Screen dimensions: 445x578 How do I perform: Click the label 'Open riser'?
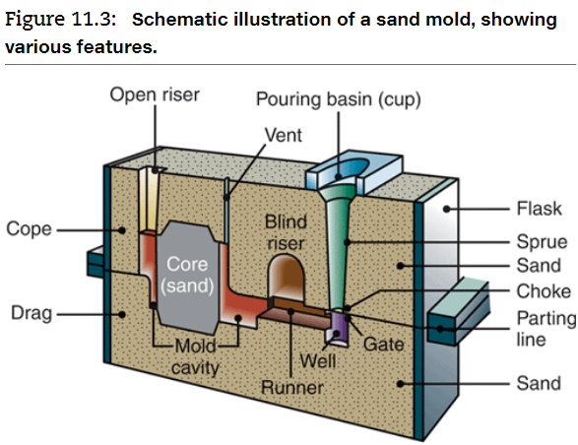(154, 95)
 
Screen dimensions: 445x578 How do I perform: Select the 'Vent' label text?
(283, 134)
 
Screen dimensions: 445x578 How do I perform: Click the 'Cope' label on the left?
(30, 229)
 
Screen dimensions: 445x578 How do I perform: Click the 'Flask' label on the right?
(539, 208)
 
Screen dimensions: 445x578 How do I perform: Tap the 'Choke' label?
(543, 290)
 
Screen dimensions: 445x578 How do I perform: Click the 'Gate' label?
(384, 345)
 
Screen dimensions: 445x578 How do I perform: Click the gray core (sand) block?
(187, 276)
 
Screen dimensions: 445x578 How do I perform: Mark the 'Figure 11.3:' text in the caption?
(61, 20)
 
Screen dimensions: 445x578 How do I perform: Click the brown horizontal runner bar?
(295, 307)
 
